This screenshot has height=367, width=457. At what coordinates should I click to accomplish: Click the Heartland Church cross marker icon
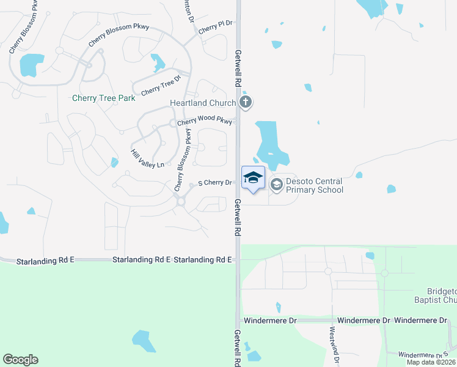pyautogui.click(x=246, y=102)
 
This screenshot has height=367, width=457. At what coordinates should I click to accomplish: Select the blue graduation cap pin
pyautogui.click(x=253, y=178)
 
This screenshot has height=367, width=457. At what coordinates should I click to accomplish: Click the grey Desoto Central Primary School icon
pyautogui.click(x=276, y=184)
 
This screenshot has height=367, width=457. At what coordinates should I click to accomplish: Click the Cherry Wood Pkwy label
pyautogui.click(x=205, y=122)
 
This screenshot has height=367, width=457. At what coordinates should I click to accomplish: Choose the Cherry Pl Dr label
pyautogui.click(x=216, y=26)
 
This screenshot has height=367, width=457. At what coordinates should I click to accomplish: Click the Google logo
pyautogui.click(x=20, y=360)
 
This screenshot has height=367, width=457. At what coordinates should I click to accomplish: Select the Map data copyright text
pyautogui.click(x=431, y=362)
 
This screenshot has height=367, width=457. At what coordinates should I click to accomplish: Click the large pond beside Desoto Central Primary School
pyautogui.click(x=269, y=144)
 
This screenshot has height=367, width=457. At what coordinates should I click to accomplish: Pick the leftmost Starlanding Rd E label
pyautogui.click(x=45, y=260)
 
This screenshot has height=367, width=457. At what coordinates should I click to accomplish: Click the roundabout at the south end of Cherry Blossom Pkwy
pyautogui.click(x=181, y=202)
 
